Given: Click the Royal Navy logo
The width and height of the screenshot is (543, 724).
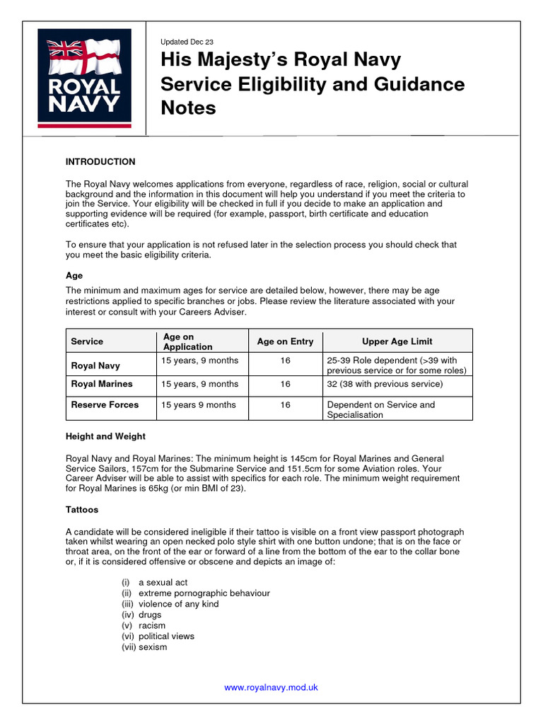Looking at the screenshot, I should (84, 77).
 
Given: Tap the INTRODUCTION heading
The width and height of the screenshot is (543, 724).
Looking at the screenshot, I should (100, 162).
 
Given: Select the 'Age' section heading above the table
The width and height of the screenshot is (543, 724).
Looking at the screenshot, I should (74, 276).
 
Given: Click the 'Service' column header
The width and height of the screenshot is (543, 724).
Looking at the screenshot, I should (87, 341).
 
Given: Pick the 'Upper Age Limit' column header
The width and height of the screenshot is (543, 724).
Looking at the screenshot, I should (397, 341).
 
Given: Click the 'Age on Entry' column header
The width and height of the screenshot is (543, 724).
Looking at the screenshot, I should (285, 341).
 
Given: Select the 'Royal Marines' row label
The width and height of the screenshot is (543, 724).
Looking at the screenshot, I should (102, 384).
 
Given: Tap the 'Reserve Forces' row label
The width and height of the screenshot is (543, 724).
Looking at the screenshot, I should (105, 405).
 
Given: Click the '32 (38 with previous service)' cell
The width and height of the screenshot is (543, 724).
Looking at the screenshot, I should (385, 384).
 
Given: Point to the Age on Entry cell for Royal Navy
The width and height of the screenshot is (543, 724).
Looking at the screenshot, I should (285, 361).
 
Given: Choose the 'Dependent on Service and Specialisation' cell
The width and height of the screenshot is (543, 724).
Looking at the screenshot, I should (381, 410).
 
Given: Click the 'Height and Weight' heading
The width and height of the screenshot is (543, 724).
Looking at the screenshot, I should (105, 436).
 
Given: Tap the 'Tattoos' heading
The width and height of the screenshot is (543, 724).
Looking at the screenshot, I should (82, 509).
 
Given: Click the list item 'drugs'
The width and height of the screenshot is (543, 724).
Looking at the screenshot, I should (150, 615).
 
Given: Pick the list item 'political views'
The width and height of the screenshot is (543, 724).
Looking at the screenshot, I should (166, 636).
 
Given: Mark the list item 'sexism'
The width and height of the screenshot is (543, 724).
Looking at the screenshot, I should (153, 647).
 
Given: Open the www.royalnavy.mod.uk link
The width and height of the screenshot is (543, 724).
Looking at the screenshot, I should (271, 687).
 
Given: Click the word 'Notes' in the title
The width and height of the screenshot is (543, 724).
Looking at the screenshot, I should (188, 108).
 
